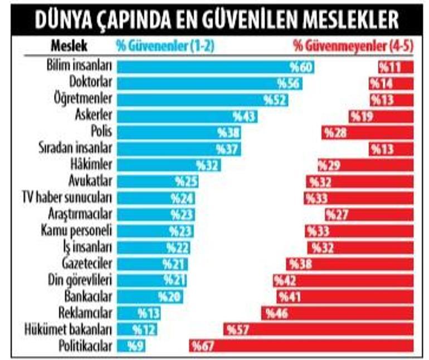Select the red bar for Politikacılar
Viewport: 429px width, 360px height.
tap(301, 346)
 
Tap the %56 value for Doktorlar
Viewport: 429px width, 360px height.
tap(289, 84)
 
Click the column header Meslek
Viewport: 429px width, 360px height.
tap(69, 46)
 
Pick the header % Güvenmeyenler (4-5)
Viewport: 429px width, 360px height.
tap(353, 46)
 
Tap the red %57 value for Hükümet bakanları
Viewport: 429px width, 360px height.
tap(237, 330)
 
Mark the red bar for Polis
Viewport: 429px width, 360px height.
tap(367, 132)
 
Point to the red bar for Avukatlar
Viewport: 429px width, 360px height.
tap(360, 182)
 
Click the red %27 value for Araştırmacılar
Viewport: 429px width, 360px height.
tap(337, 215)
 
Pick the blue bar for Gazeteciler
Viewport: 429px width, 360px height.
tap(153, 264)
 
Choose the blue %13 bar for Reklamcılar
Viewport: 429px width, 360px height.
tap(142, 313)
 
